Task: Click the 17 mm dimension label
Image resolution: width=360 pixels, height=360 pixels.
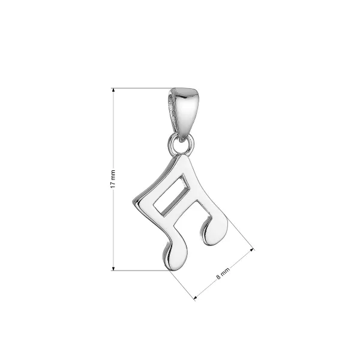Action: [x=113, y=179]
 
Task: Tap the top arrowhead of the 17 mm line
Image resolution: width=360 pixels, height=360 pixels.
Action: [x=113, y=90]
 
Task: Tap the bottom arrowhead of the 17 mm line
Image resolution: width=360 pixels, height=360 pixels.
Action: [x=113, y=269]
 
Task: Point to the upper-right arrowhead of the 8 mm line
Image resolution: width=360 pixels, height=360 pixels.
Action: [x=252, y=250]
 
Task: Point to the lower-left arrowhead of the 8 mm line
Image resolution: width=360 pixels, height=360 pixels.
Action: [x=196, y=298]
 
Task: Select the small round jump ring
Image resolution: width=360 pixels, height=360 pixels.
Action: [x=181, y=145]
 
